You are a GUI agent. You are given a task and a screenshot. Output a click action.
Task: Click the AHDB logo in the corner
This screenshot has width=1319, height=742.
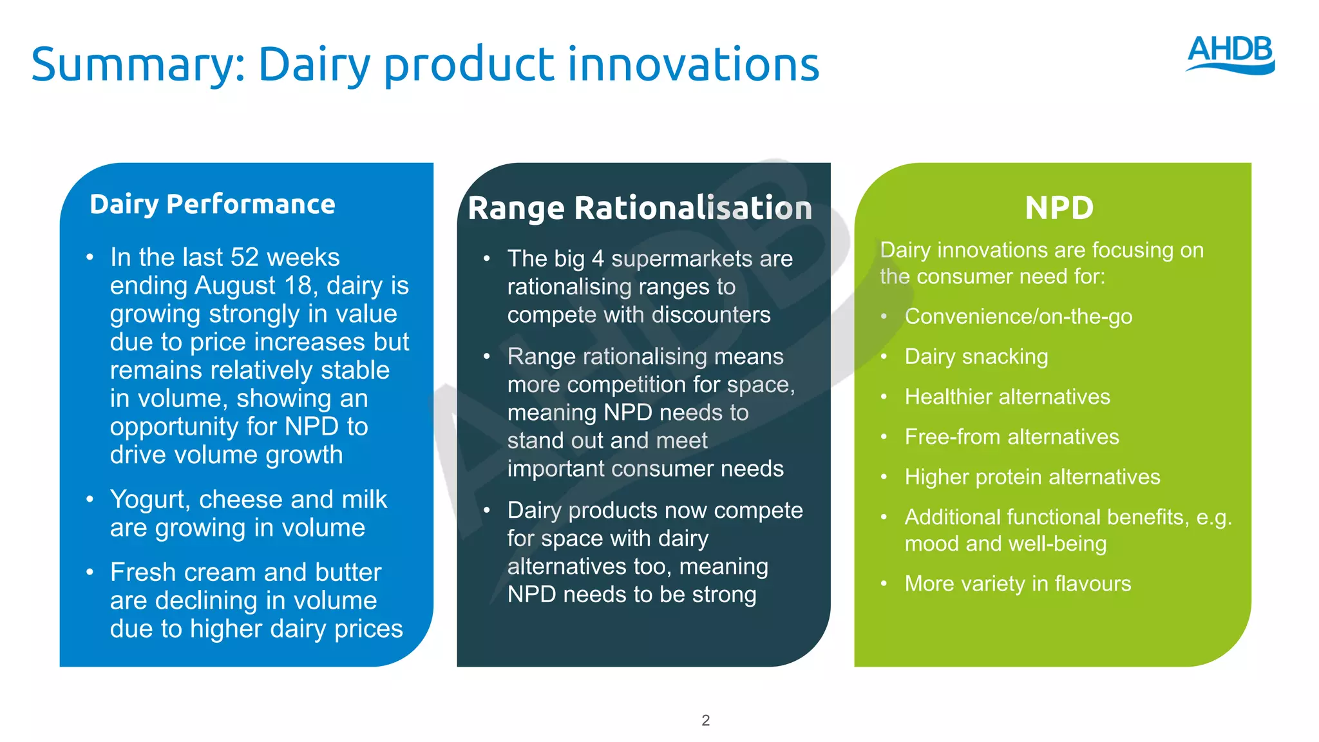point(1230,54)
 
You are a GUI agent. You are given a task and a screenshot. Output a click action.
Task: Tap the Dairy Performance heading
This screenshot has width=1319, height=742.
point(213,204)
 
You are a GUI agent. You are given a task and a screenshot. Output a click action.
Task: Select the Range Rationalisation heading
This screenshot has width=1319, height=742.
point(640,208)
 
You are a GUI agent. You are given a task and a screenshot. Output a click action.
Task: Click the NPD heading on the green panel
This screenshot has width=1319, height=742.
point(1059,208)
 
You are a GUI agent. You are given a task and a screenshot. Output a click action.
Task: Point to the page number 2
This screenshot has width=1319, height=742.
point(705,720)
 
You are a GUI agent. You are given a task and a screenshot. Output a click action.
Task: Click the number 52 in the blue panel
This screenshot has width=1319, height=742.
point(245,257)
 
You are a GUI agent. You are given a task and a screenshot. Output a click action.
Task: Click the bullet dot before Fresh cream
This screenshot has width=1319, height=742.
point(90,572)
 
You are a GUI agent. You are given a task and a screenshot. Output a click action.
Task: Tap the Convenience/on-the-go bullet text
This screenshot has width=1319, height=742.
point(1018,316)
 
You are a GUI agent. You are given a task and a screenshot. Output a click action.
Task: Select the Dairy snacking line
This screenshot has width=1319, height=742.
point(976,356)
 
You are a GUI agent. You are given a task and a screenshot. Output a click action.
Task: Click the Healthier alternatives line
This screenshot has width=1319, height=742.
point(1007,397)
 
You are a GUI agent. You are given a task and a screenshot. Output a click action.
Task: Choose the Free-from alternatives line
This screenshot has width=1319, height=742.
point(1012,437)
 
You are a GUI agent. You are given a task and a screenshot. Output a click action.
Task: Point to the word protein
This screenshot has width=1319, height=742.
point(1012,477)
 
